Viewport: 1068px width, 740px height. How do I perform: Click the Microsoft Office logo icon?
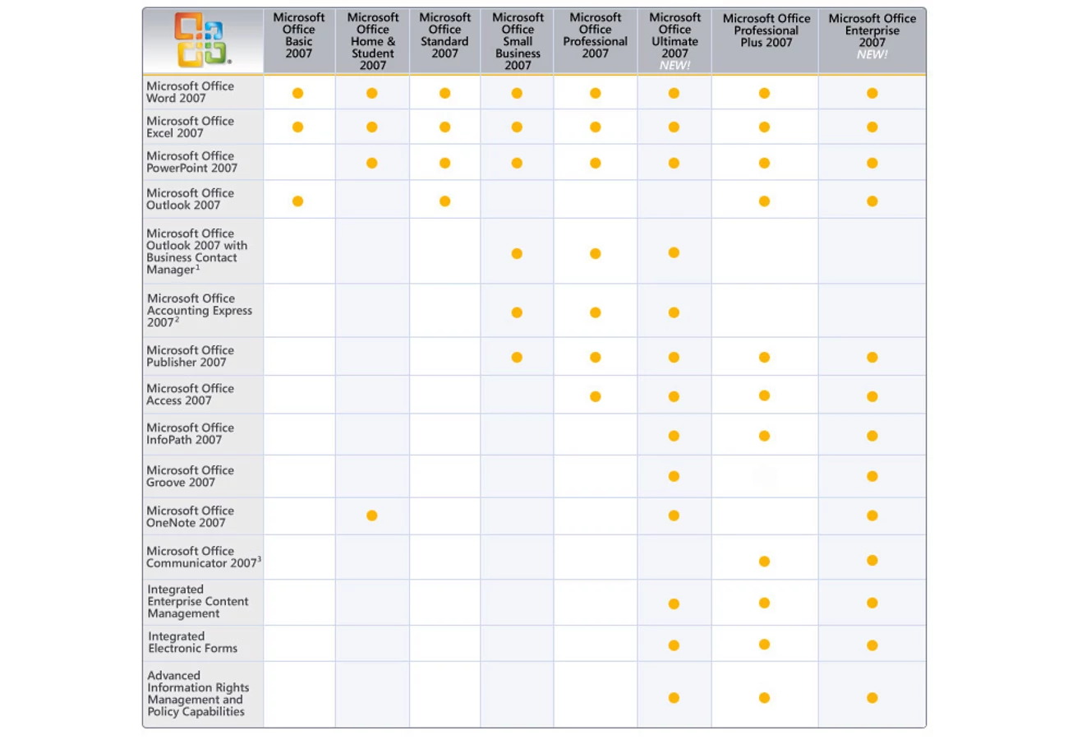click(x=202, y=41)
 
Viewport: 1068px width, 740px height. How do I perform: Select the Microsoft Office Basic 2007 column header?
click(x=299, y=35)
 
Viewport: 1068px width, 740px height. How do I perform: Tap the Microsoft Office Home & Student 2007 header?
click(x=373, y=41)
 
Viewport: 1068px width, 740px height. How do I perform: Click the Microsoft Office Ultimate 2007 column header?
click(x=674, y=41)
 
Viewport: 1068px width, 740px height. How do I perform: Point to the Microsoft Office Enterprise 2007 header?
click(x=872, y=35)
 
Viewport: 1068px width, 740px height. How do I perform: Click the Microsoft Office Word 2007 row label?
click(x=190, y=92)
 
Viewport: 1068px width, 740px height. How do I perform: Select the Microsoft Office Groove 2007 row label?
click(x=190, y=476)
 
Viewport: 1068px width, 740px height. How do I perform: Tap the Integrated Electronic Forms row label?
click(x=192, y=642)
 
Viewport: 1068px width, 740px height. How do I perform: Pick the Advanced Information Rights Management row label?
click(x=197, y=694)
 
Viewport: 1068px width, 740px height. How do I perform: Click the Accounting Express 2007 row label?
click(x=200, y=311)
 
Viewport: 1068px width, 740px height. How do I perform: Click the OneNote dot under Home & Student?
click(x=372, y=516)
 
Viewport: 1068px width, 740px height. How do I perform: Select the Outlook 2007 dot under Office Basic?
click(x=297, y=201)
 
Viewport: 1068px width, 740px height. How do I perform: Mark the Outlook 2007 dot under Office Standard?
click(x=444, y=201)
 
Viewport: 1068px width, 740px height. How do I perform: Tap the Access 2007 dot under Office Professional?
click(x=595, y=396)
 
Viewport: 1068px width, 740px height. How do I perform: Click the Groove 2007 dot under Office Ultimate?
click(x=674, y=476)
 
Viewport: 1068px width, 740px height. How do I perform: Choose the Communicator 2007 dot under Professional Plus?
click(x=764, y=562)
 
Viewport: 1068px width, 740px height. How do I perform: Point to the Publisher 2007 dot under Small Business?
click(x=517, y=357)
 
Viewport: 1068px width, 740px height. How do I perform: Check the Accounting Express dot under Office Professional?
click(x=595, y=312)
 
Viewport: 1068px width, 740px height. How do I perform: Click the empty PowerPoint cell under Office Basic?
click(x=299, y=163)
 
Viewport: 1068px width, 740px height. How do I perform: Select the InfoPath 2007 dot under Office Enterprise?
click(x=872, y=436)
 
